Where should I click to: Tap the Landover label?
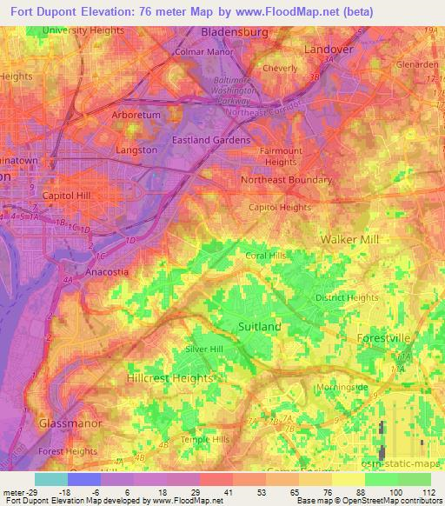(329, 50)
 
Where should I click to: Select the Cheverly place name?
(281, 68)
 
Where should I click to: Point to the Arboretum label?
(136, 115)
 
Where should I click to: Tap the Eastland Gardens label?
(211, 140)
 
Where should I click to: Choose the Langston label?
(136, 150)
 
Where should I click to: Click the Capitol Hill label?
(67, 196)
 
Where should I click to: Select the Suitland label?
(259, 326)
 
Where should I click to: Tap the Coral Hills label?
(266, 256)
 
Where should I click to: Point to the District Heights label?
(347, 298)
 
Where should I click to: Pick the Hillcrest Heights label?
(170, 379)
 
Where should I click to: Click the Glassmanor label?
(71, 423)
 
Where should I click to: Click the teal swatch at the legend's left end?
(51, 479)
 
